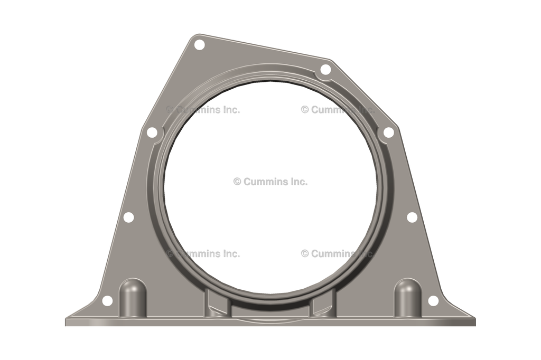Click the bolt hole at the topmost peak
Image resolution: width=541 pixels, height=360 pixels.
point(199,45)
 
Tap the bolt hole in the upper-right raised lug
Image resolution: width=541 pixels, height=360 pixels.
point(325,70)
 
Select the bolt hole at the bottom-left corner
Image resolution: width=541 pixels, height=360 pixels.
point(107,301)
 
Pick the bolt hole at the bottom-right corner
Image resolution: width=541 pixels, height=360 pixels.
point(433,301)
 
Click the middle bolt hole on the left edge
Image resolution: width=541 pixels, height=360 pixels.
point(128,217)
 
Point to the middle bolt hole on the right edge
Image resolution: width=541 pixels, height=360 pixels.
point(412,217)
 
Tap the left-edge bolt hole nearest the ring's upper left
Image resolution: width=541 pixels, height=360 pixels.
point(152,132)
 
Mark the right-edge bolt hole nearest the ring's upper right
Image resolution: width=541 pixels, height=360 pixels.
point(388,132)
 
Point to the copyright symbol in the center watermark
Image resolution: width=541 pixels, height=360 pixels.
point(237,182)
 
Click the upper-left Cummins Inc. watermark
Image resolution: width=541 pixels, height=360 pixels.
point(203,110)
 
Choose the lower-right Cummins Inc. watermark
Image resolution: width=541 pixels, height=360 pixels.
point(338,253)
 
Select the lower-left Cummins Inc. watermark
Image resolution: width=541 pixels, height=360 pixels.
point(203,253)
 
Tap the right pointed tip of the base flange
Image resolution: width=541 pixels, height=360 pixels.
point(474,321)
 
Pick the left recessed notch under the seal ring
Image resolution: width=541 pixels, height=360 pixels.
point(216,306)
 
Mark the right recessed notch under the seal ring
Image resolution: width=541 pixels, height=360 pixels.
point(323,306)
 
